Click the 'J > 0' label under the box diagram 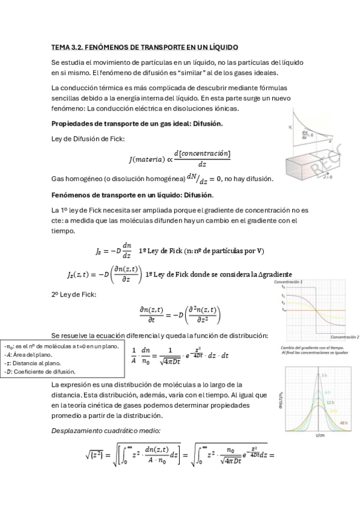[x=328, y=178]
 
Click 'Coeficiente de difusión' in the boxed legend [x=43, y=372]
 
